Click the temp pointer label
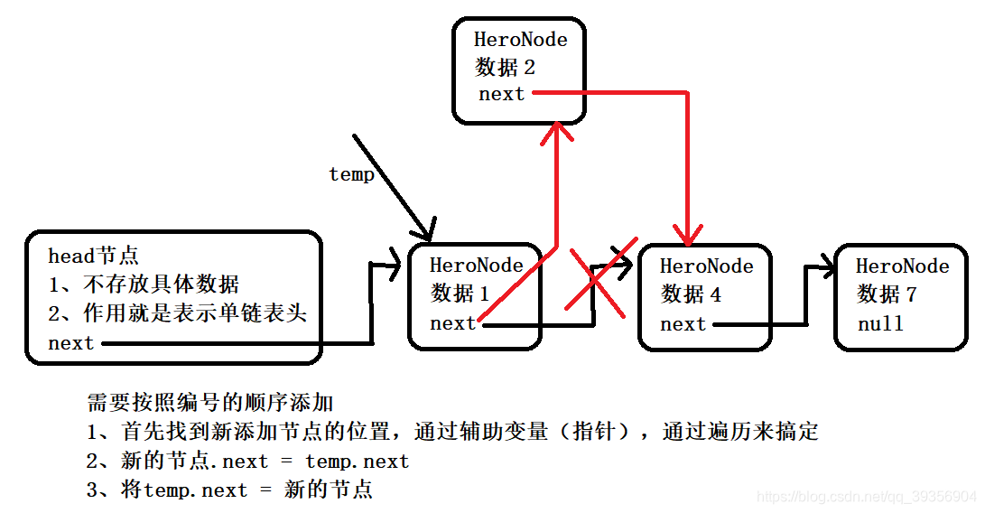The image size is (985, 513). (x=351, y=174)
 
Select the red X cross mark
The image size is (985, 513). (x=595, y=282)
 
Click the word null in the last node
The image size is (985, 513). (x=880, y=323)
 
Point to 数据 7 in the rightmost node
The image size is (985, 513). (x=887, y=294)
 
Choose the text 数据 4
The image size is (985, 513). (x=692, y=294)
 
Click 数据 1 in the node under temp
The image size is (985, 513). (x=460, y=294)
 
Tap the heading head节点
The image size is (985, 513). (x=93, y=256)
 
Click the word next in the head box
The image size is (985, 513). (x=70, y=343)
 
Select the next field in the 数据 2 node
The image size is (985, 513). (x=501, y=94)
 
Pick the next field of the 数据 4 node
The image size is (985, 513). (x=683, y=324)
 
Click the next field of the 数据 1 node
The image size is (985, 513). (x=452, y=323)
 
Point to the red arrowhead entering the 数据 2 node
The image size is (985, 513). (x=556, y=135)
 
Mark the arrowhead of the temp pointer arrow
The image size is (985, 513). (x=427, y=229)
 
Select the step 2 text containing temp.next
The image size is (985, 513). (x=248, y=462)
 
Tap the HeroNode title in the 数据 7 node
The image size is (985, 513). (x=902, y=266)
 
